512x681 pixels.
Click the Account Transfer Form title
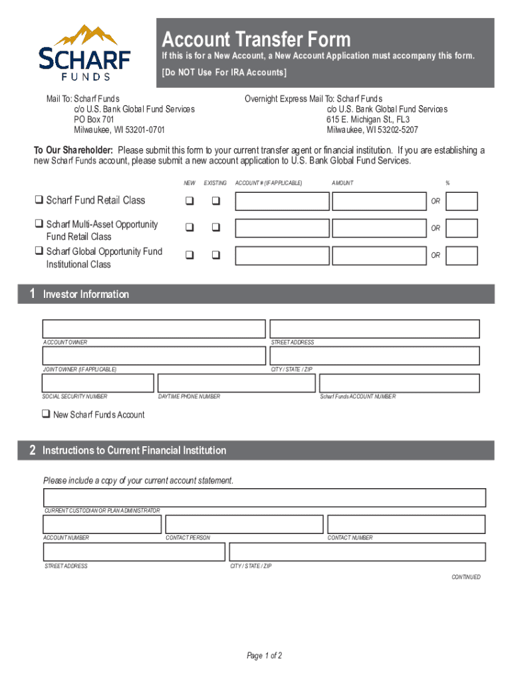coord(256,39)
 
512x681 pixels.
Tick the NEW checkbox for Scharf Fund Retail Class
coord(190,201)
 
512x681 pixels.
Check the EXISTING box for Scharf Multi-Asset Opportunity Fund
coord(215,227)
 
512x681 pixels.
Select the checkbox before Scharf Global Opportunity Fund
coord(39,251)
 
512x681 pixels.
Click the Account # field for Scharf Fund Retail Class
coord(282,202)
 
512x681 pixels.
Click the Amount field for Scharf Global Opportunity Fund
coord(378,255)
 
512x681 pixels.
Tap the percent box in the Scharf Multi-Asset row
coord(461,228)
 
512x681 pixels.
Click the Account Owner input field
coord(154,329)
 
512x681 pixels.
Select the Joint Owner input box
coord(154,356)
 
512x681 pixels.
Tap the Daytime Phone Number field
coord(236,383)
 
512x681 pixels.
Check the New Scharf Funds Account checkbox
coord(46,414)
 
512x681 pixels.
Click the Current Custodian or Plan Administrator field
coord(264,497)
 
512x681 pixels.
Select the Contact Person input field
coord(244,524)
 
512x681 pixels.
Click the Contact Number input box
coord(406,524)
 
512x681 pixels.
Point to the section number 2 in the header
coord(32,450)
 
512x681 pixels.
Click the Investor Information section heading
coord(86,294)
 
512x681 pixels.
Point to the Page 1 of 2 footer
coord(265,656)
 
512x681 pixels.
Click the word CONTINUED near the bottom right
coord(465,577)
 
